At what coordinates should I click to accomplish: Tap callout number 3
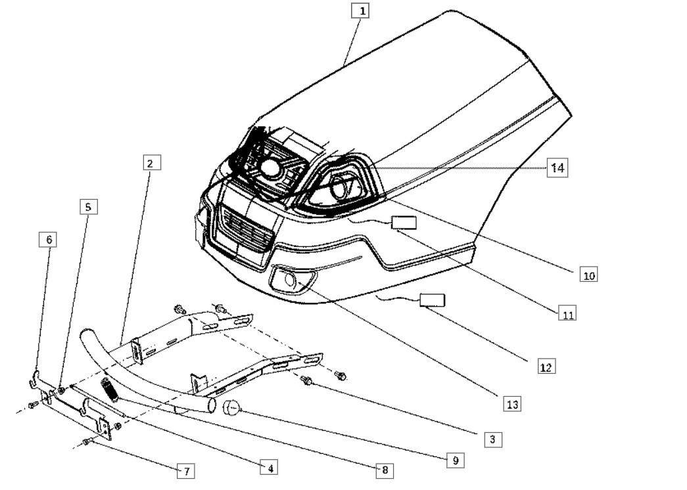coord(490,439)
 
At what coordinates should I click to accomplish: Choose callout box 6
coord(48,240)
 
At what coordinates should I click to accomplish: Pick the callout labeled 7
coord(187,470)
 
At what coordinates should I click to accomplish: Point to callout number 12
coord(545,367)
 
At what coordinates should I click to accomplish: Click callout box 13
coord(512,404)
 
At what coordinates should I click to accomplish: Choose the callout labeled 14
coord(557,168)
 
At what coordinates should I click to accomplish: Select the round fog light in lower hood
coord(289,282)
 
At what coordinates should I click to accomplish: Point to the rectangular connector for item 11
coord(404,222)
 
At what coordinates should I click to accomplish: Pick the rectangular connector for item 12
coord(433,301)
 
